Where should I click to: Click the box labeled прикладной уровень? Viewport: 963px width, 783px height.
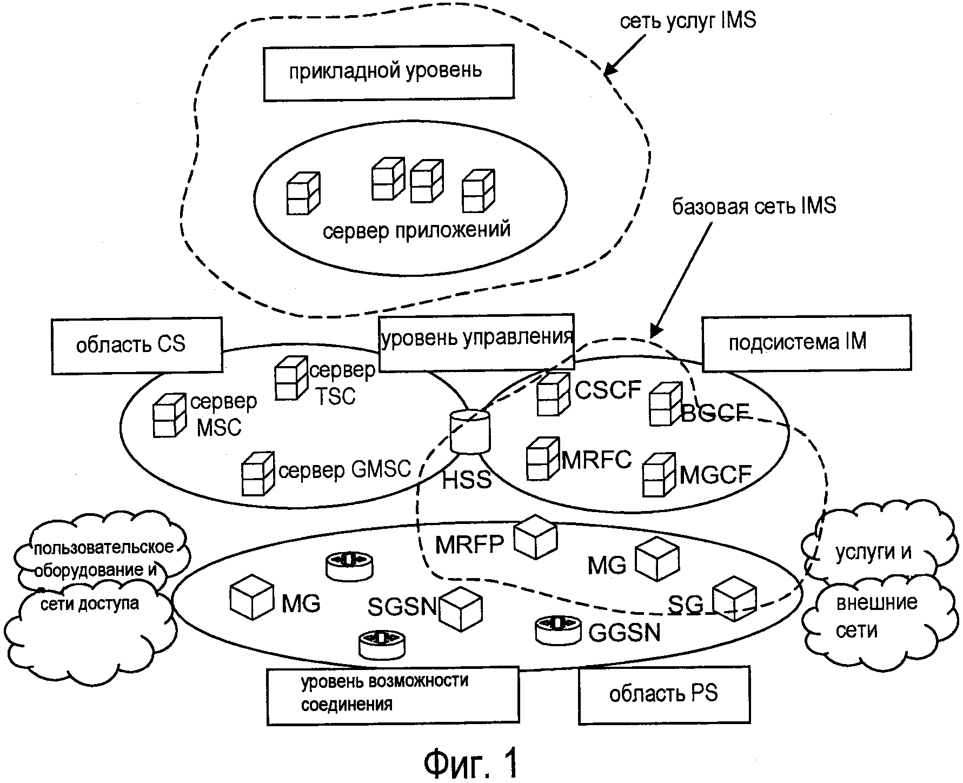pos(388,73)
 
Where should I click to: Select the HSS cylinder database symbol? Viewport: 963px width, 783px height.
pos(470,432)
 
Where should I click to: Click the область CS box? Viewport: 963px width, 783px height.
pos(137,345)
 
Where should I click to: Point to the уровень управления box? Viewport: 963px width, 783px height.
pos(476,342)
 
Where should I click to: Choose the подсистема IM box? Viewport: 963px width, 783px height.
pos(806,343)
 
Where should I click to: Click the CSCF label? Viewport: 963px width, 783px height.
pos(608,389)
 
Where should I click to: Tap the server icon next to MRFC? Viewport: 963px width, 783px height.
pos(542,458)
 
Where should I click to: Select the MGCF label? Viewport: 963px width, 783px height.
pos(715,475)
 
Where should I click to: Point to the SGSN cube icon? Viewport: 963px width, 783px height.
pos(460,609)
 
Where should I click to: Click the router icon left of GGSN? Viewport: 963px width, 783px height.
pos(557,629)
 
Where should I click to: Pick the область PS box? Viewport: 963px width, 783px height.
pos(664,695)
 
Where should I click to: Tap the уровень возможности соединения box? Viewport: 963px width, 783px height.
pos(393,696)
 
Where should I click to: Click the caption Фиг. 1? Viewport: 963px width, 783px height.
pos(470,763)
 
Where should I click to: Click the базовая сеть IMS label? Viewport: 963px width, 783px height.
pos(754,206)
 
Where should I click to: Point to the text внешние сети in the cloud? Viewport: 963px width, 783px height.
pos(876,616)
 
